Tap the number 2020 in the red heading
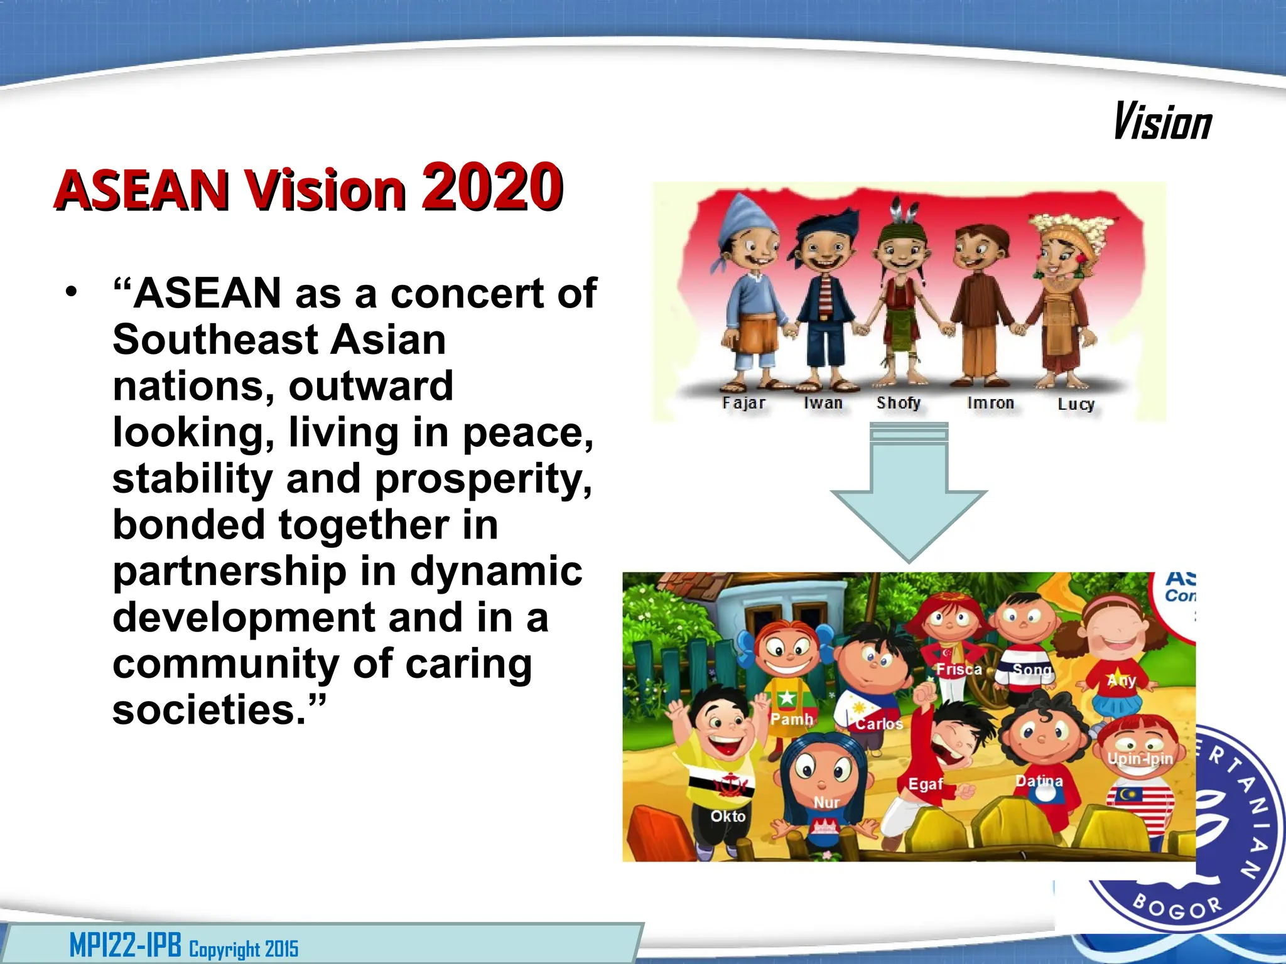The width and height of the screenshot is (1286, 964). pos(492,186)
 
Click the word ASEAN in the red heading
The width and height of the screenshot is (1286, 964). pos(141,190)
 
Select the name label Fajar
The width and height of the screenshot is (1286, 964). pos(743,403)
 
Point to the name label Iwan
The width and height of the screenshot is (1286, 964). pos(823,403)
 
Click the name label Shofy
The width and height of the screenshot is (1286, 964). pos(899,403)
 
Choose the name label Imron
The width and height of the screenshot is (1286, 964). pos(990,403)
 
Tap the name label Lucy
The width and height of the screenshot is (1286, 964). pos(1076,404)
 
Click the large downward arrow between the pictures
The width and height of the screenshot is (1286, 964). pos(909,496)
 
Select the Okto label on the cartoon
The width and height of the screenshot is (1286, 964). pos(728,817)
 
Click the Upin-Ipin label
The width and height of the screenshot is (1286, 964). pos(1140,759)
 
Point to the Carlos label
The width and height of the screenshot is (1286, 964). pos(879,724)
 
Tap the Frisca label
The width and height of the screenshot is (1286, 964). pos(959,670)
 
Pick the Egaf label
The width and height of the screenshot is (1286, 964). pos(926,784)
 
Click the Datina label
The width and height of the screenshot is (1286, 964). pos(1039,781)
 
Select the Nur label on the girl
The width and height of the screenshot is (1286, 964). pos(826,803)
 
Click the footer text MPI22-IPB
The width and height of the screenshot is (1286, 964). pos(125,946)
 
